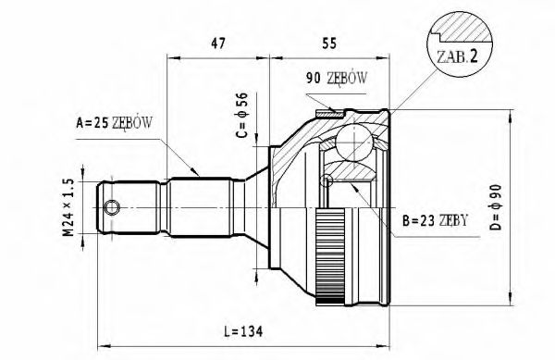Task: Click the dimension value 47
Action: [217, 43]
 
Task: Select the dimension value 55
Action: [328, 43]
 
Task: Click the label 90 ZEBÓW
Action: [336, 79]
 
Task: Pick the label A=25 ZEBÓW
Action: [114, 123]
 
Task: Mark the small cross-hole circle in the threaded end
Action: [112, 205]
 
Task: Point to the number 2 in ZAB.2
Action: [474, 56]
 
